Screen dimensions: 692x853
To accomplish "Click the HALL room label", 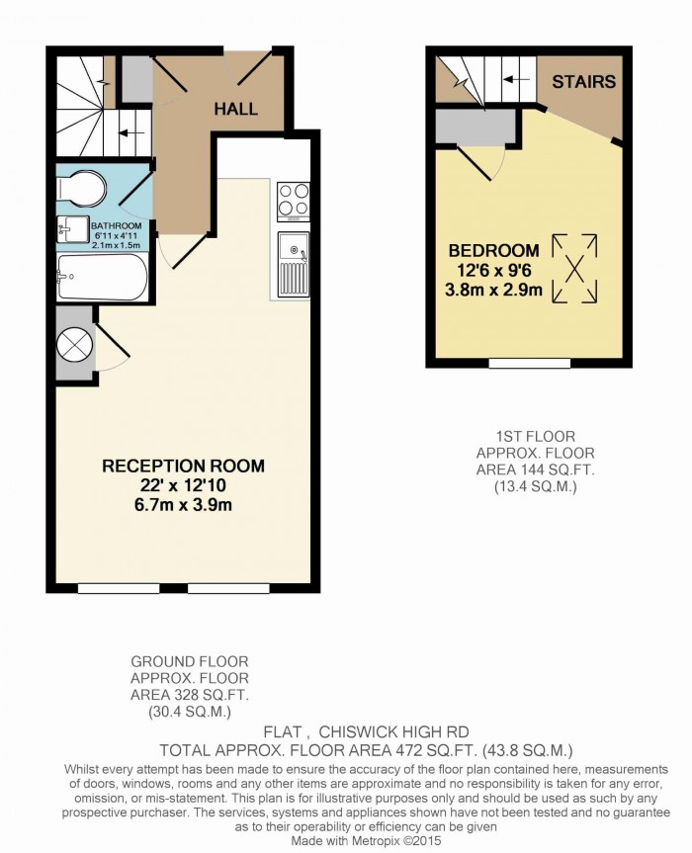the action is (235, 109).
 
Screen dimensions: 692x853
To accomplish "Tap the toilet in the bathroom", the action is (82, 189).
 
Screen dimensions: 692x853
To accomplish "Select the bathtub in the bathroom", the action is (102, 277).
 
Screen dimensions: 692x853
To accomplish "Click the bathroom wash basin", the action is (73, 229).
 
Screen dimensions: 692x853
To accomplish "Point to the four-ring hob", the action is (294, 202).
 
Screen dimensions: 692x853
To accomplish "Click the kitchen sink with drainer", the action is (294, 264).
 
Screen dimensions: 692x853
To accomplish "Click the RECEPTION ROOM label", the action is (183, 467).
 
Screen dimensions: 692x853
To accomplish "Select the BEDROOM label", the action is (493, 251).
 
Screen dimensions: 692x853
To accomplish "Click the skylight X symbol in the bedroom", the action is (574, 268).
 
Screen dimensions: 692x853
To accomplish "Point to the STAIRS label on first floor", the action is (583, 82).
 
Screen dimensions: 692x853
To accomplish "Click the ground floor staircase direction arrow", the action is (131, 132).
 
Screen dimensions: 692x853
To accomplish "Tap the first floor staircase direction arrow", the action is (516, 79).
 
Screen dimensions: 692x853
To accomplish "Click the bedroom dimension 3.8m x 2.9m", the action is (493, 290).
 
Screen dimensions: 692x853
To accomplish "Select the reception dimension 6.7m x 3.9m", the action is (183, 505).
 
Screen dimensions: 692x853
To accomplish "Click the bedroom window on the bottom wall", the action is (529, 363).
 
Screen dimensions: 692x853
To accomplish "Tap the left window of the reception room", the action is (119, 588).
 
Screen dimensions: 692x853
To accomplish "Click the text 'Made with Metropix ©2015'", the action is (366, 840).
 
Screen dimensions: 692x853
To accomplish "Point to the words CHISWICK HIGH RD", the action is (393, 732).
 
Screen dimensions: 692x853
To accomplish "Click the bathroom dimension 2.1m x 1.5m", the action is (117, 245).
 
